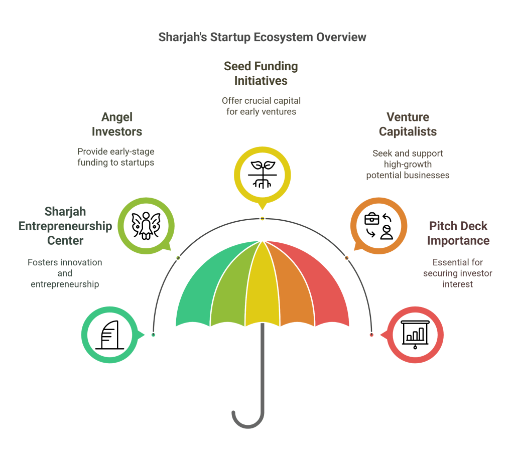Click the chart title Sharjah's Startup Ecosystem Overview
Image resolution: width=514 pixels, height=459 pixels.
pyautogui.click(x=262, y=37)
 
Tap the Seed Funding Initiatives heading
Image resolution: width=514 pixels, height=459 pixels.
pyautogui.click(x=261, y=73)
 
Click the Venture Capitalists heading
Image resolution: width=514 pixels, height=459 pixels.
pyautogui.click(x=408, y=124)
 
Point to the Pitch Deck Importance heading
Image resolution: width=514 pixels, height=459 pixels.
pyautogui.click(x=458, y=233)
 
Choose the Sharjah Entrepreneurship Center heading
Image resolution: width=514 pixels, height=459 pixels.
pyautogui.click(x=65, y=226)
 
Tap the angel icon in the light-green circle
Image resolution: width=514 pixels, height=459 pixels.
pyautogui.click(x=146, y=226)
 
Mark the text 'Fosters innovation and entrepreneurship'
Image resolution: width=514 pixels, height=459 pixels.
pyautogui.click(x=65, y=273)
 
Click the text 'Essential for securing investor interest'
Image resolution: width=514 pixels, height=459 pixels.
pyautogui.click(x=457, y=273)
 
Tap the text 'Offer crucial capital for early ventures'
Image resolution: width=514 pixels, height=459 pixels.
pyautogui.click(x=261, y=106)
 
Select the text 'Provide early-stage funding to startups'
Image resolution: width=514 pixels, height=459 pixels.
pyautogui.click(x=115, y=157)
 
